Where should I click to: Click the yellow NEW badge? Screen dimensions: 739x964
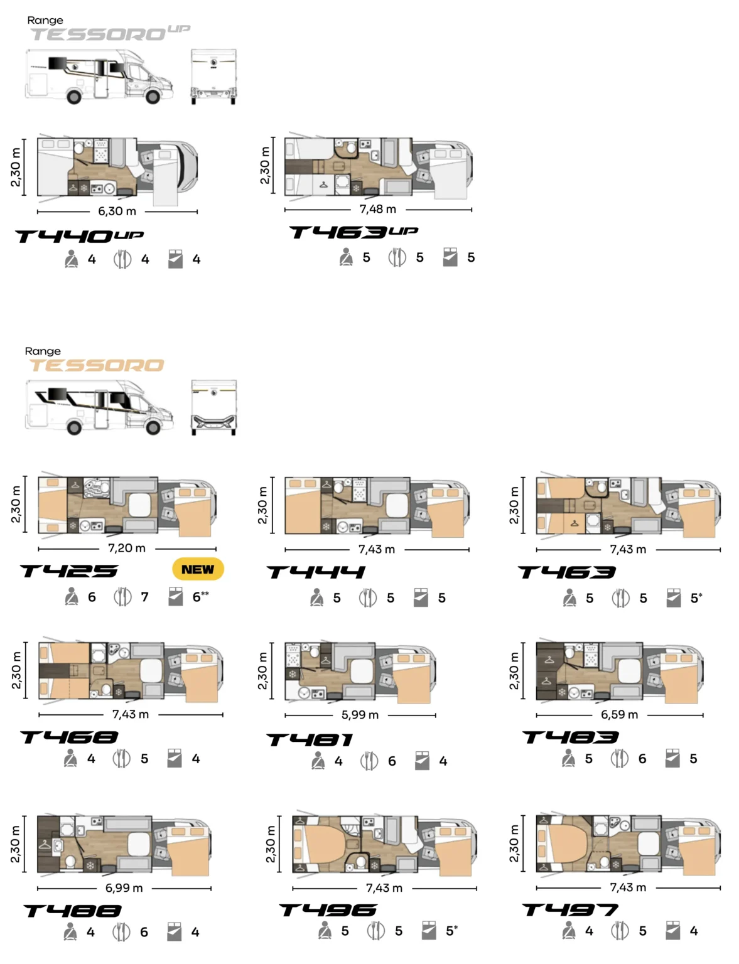[x=198, y=569]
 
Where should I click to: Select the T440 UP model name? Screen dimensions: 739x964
[x=80, y=236]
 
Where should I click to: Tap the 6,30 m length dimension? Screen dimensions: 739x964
[x=117, y=211]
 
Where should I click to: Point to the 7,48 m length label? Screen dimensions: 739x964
[x=378, y=209]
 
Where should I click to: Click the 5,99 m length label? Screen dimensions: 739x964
[x=360, y=715]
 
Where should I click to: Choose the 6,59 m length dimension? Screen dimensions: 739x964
[x=619, y=714]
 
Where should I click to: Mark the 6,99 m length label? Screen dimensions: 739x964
[x=124, y=887]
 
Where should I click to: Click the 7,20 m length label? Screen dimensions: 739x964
[x=126, y=549]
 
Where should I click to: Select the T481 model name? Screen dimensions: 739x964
[x=310, y=740]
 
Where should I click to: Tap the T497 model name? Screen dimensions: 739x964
[x=570, y=910]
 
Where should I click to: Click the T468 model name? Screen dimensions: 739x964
[x=69, y=737]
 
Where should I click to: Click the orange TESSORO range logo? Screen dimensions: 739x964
[x=96, y=365]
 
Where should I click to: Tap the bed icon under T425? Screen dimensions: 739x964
[x=175, y=597]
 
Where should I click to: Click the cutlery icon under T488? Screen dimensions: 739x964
[x=121, y=931]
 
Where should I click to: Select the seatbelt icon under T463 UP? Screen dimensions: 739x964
[x=346, y=257]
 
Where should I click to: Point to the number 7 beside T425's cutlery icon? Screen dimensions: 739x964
[x=144, y=597]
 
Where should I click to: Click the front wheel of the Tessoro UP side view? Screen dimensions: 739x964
[x=153, y=97]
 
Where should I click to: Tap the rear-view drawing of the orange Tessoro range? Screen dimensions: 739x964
[x=213, y=407]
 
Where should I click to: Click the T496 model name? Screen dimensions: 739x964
[x=328, y=910]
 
